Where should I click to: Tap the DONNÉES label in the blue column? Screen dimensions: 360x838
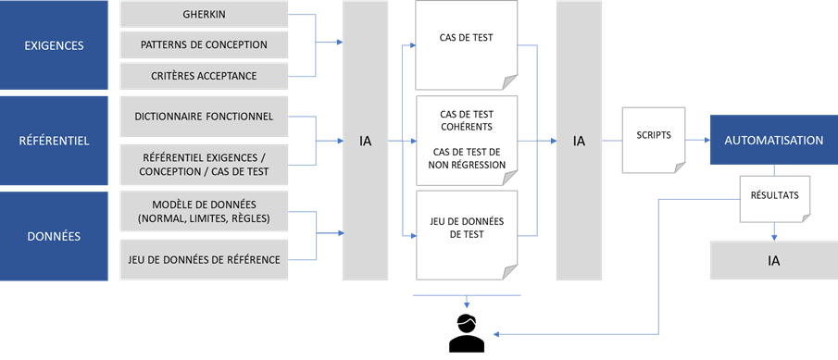pos(54,236)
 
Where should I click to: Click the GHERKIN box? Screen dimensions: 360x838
pos(204,15)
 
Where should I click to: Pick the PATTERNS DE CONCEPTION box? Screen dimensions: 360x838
pos(204,44)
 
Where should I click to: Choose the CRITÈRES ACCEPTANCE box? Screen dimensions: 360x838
pos(204,75)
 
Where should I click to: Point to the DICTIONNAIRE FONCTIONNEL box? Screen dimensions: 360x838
pos(204,117)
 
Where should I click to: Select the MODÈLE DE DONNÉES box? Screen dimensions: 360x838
pos(204,211)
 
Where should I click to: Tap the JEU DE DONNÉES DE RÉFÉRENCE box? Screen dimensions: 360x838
pos(204,259)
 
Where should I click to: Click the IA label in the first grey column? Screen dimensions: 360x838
pos(366,142)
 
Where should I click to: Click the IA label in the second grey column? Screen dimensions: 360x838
pos(579,142)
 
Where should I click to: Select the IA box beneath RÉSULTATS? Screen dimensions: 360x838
pos(773,260)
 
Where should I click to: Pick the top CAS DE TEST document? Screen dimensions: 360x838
pos(465,39)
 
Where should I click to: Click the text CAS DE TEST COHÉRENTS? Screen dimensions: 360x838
pos(465,119)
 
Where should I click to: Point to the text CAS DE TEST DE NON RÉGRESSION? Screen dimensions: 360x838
pos(465,157)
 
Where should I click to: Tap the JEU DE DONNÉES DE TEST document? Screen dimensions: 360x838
pos(465,228)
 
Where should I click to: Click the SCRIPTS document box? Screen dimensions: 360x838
pos(654,135)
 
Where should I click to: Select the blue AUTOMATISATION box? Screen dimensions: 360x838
pos(773,141)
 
